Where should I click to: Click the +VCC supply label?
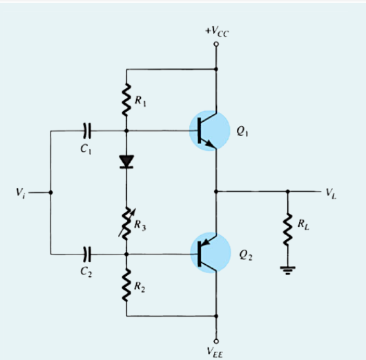coord(216,32)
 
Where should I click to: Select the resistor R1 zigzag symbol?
coord(127,100)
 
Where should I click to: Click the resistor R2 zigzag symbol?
coord(127,286)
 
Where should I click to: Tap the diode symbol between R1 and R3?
coord(127,161)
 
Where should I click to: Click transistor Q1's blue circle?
coord(210,130)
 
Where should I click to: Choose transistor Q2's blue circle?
coord(210,253)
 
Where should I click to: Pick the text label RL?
coord(303,223)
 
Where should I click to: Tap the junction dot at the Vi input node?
coord(50,192)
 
